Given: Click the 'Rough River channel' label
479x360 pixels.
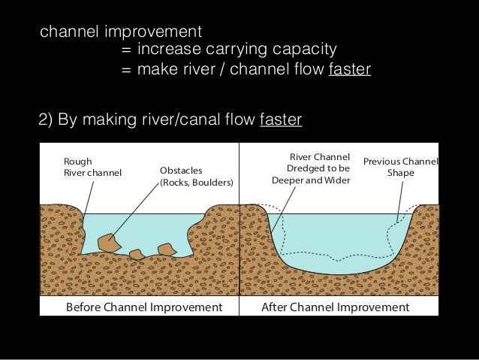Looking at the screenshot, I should pos(92,166).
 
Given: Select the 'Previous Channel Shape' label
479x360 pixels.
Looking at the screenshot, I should pos(400,167).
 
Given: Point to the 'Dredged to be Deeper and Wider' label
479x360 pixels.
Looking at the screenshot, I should pos(311,169).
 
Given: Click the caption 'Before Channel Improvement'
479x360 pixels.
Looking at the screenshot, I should pos(145,307).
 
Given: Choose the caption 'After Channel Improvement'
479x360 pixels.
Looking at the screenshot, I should pos(334,307).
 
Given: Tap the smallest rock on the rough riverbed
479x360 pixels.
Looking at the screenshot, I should pos(137,254).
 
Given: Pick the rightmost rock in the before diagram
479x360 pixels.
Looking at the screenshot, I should pos(166,249).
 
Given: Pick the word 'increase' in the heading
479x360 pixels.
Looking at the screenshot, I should pos(164,50).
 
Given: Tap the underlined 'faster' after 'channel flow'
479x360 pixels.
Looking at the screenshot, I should pos(349,70).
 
